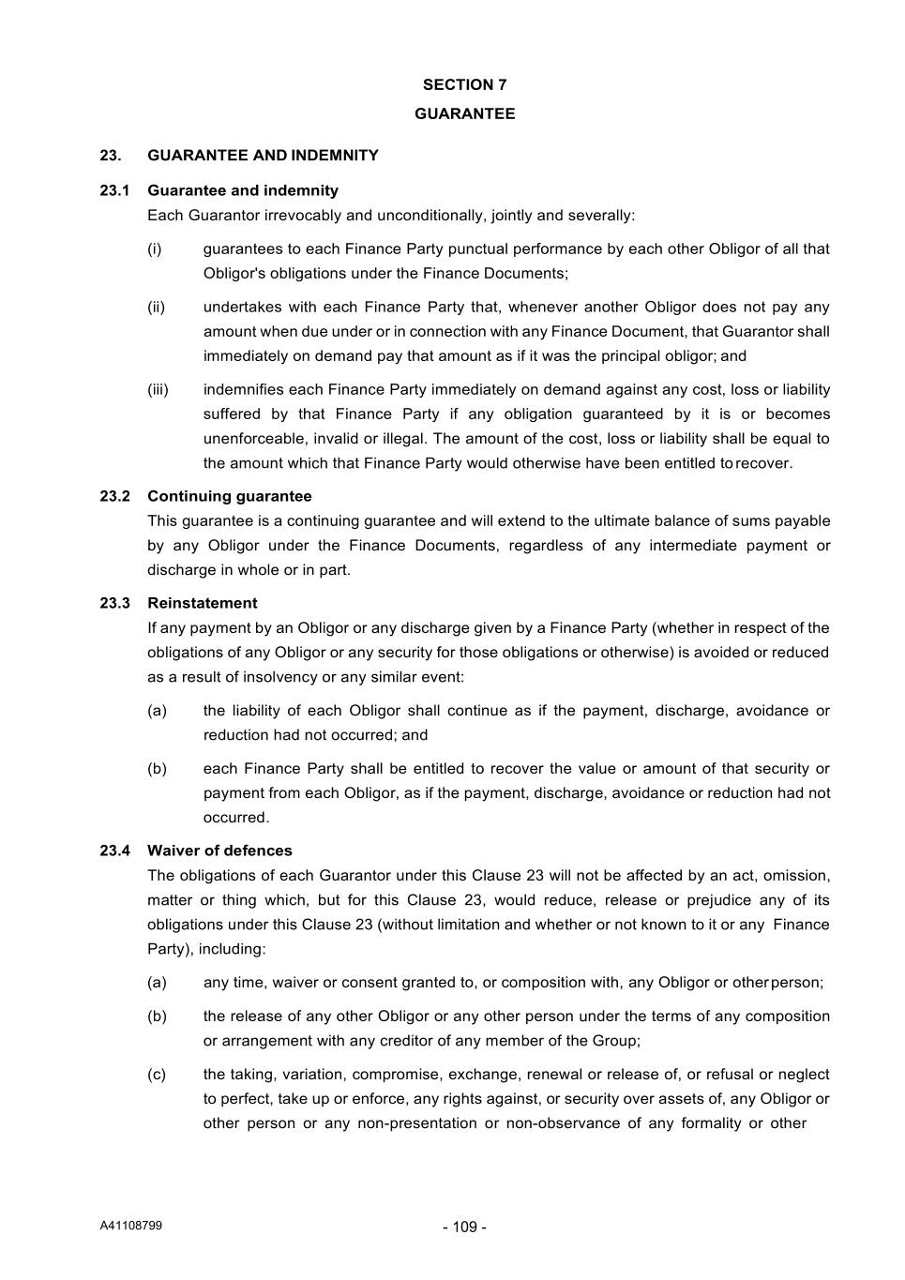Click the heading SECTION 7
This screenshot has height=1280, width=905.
[x=464, y=84]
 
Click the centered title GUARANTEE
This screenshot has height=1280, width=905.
[x=464, y=113]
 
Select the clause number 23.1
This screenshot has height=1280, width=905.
[x=114, y=190]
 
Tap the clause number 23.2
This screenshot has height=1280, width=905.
[x=114, y=496]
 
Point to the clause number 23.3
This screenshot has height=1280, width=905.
[x=114, y=603]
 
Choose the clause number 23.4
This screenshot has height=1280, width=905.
[x=114, y=851]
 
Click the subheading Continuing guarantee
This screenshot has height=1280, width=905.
[x=229, y=496]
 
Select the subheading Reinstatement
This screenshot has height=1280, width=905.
[x=202, y=603]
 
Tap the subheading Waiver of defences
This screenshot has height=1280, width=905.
[x=219, y=851]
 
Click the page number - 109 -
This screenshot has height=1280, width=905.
[x=464, y=1227]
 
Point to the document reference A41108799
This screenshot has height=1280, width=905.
[x=130, y=1225]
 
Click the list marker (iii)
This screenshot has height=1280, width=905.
[x=158, y=389]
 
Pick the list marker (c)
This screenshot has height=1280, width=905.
[x=157, y=1074]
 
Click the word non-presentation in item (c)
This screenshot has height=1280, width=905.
[x=416, y=1122]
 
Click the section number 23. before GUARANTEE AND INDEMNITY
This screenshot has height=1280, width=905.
[x=111, y=155]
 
